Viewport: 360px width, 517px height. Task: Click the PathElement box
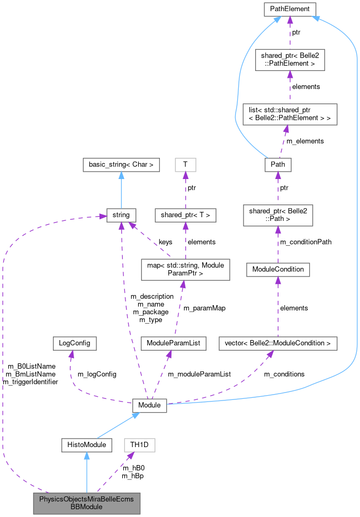[x=290, y=9]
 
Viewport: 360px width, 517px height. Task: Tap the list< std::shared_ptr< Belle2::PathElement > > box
[x=290, y=114]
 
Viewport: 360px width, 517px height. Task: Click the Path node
[x=278, y=164]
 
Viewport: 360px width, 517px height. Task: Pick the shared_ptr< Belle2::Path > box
[x=278, y=215]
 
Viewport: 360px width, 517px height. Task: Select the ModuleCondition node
[x=278, y=269]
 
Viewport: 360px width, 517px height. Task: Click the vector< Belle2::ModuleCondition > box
[x=278, y=343]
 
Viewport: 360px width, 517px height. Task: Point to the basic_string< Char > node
[x=121, y=165]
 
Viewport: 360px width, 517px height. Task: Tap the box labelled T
[x=185, y=165]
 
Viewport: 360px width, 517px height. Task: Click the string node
[x=121, y=215]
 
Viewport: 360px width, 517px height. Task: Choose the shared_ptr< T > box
[x=185, y=215]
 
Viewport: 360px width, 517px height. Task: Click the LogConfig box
[x=72, y=343]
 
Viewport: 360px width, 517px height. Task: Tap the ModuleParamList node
[x=173, y=343]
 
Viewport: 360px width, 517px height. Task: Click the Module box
[x=149, y=405]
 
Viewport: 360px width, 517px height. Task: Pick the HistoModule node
[x=86, y=445]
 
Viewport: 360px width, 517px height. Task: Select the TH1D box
[x=140, y=445]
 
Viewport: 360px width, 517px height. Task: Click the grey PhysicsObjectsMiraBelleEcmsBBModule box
[x=86, y=503]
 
